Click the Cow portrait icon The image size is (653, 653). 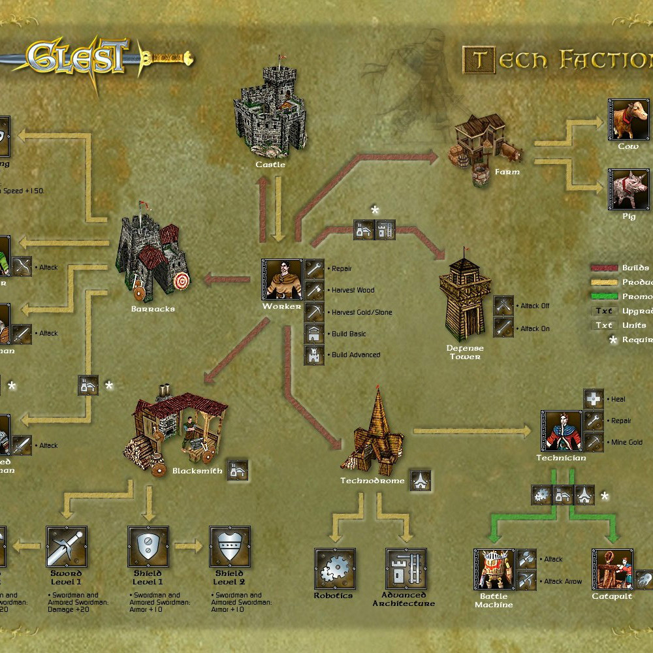[628, 119]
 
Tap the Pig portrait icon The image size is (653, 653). [628, 189]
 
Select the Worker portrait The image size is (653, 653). [282, 279]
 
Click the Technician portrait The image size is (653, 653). [561, 431]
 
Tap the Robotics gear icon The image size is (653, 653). [334, 568]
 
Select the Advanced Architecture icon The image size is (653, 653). [406, 568]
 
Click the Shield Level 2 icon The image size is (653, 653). [230, 547]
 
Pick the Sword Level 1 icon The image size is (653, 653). [67, 547]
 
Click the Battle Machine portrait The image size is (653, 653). [494, 569]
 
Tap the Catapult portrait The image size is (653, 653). [612, 569]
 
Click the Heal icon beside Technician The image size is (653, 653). [594, 399]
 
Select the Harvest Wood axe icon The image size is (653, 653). [314, 290]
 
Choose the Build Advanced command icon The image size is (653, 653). [314, 355]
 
